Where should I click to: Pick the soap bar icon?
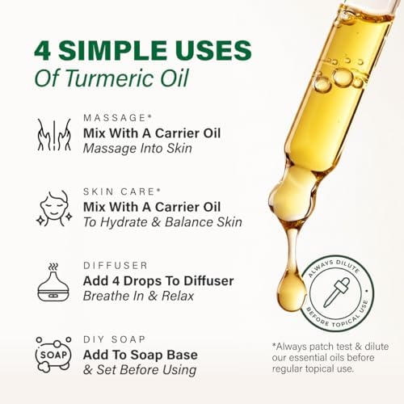coord(53,354)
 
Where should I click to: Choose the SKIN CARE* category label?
coord(120,191)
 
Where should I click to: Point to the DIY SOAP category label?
coord(114,339)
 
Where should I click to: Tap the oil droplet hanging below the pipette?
coord(291,292)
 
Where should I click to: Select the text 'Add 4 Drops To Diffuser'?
coord(158,280)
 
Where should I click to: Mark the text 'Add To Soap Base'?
coord(140,354)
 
